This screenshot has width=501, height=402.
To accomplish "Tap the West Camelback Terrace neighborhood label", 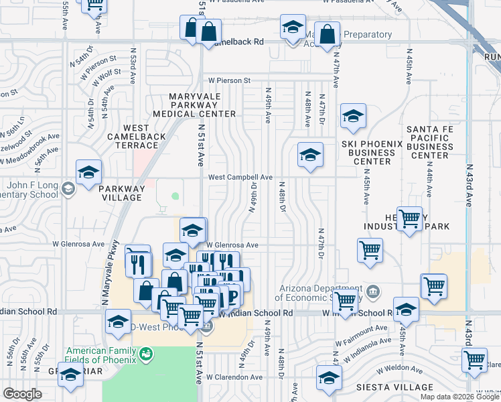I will pos(145,136).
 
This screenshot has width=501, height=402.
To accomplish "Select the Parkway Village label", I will pos(121,193).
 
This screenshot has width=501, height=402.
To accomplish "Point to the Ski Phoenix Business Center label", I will pos(371,153).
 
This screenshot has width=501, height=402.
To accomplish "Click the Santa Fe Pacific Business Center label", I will pos(429,142).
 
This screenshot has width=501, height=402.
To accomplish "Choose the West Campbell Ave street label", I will pos(240,178).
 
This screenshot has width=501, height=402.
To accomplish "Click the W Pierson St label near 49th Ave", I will pos(230,80).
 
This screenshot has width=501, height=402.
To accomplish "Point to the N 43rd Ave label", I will pos(470,184).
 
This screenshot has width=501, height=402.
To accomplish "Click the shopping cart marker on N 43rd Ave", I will pos(474,359).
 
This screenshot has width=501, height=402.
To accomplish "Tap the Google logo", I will pos(22,394).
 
